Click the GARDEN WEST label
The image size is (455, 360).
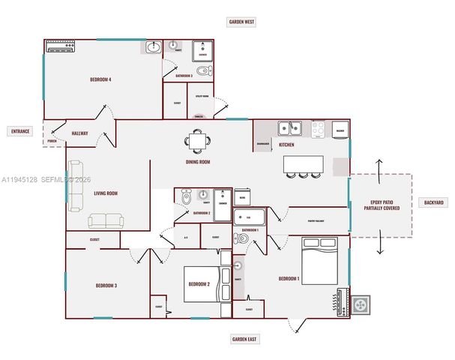tap(242, 22)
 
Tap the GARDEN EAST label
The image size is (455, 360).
tap(244, 340)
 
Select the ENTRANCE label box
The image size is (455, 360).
tap(20, 131)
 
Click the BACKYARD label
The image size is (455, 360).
tap(433, 202)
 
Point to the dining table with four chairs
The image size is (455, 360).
tap(198, 140)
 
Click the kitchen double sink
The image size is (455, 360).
tap(290, 128)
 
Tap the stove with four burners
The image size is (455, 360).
tap(318, 128)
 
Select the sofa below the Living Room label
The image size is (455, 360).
tap(106, 220)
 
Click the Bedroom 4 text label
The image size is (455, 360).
tap(100, 79)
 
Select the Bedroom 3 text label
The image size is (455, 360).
tap(105, 286)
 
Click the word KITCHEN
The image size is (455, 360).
tap(286, 144)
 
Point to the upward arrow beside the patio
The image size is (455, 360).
tap(379, 166)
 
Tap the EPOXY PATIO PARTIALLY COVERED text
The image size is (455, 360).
tap(380, 205)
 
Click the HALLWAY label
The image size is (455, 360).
tap(79, 133)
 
